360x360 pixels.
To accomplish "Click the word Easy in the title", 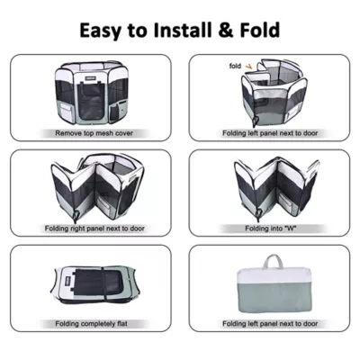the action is (x=100, y=31).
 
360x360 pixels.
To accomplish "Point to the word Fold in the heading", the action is (x=260, y=30).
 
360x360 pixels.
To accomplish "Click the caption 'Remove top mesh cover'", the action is (x=94, y=133).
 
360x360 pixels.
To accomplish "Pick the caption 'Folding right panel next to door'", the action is (x=94, y=229).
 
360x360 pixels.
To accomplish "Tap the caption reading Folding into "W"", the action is (x=271, y=229).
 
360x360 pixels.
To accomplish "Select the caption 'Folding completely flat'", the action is (x=91, y=324).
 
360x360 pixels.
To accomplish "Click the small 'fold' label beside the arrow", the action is (x=235, y=66).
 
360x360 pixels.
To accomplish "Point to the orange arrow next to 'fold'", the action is (x=248, y=67).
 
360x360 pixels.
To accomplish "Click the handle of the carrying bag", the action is (x=273, y=262).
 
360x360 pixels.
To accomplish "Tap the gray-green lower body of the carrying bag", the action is (x=274, y=296).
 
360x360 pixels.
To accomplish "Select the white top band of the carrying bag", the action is (x=274, y=274).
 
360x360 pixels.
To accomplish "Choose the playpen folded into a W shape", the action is (x=276, y=186).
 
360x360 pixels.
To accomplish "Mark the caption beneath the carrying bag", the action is (x=270, y=324).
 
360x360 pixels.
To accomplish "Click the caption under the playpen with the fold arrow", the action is (x=270, y=133).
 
